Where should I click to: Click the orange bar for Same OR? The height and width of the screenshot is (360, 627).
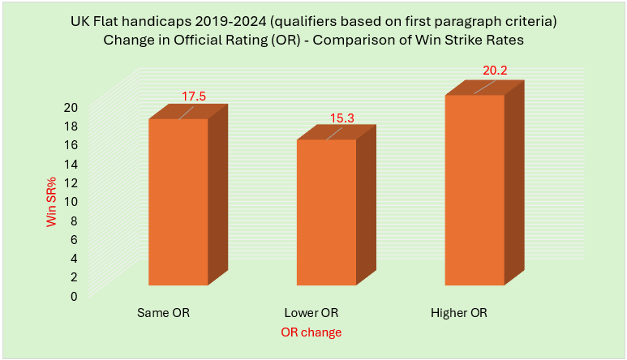click(x=178, y=203)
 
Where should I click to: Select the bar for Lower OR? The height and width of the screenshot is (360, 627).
click(x=326, y=212)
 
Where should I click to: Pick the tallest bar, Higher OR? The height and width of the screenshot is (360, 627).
click(x=474, y=191)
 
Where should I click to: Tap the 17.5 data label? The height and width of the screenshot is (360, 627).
click(x=193, y=96)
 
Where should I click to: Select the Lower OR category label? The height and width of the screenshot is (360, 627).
click(x=311, y=312)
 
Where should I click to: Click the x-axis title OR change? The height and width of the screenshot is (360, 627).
click(x=311, y=332)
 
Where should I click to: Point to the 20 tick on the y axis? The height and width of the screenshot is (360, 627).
click(x=71, y=107)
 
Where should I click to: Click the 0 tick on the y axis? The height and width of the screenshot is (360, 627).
click(x=74, y=296)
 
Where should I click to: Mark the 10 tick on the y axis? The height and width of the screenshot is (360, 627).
click(x=71, y=201)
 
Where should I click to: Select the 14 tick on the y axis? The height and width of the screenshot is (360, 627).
click(x=71, y=164)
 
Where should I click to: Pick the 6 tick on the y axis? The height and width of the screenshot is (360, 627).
click(x=74, y=239)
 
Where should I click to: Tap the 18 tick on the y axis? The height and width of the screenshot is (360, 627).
click(x=71, y=126)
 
